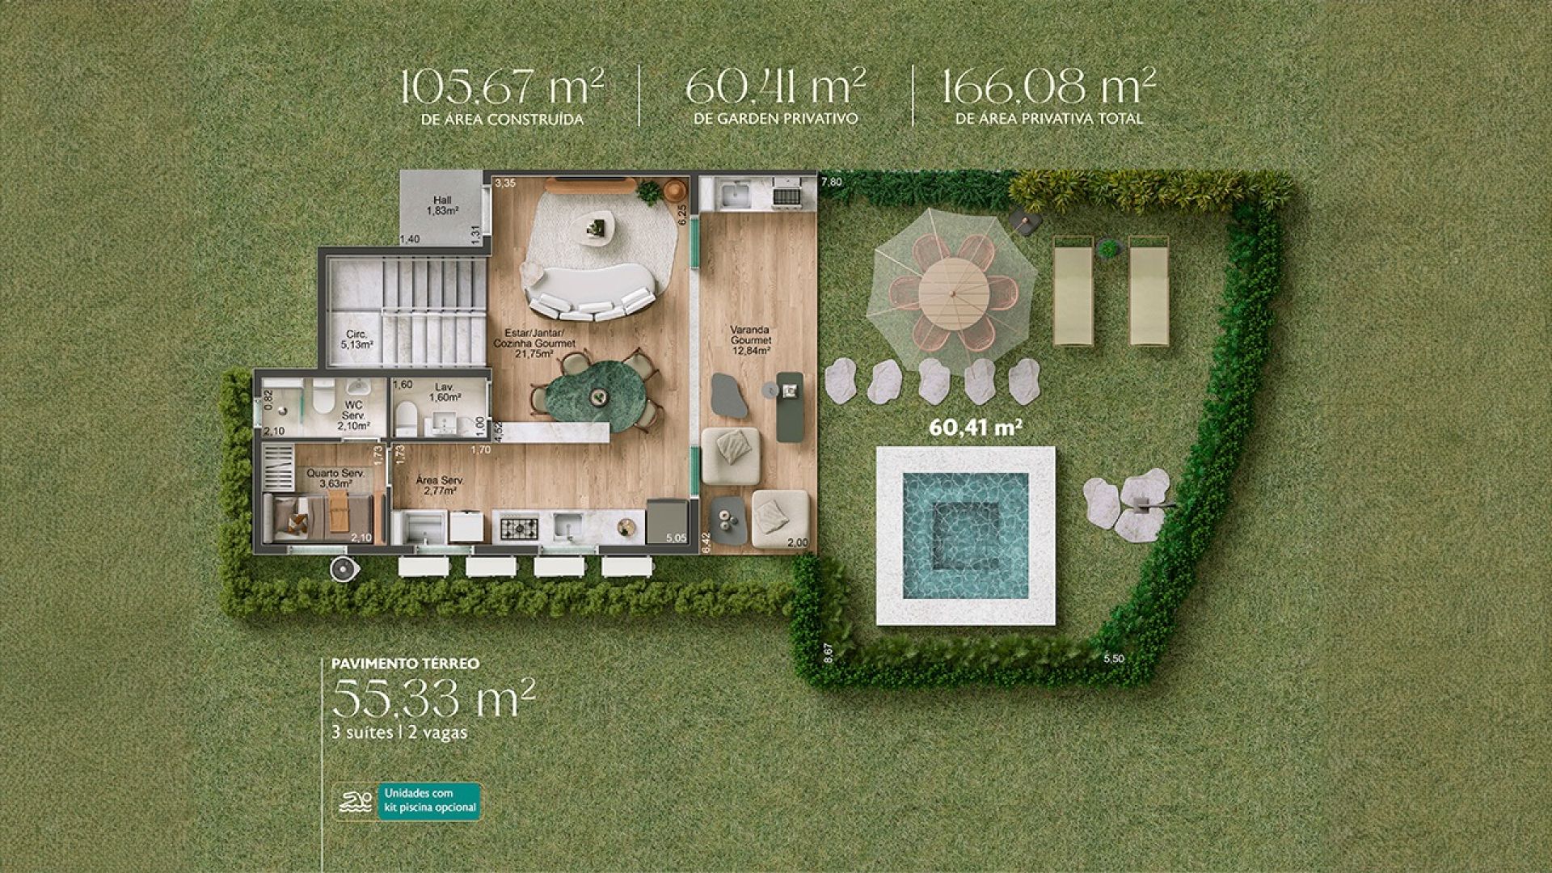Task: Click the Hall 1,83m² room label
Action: (x=442, y=205)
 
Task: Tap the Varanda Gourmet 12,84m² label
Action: (x=750, y=340)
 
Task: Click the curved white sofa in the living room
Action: (x=590, y=292)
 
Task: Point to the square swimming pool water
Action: (x=965, y=535)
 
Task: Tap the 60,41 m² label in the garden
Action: (x=976, y=427)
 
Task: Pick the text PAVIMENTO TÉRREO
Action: (x=405, y=664)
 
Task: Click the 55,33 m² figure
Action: (x=433, y=698)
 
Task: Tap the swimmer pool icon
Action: (x=356, y=802)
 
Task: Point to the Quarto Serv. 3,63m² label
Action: (x=335, y=479)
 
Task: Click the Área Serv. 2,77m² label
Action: (x=440, y=485)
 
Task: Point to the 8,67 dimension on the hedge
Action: (x=827, y=653)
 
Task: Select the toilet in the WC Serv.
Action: (x=323, y=395)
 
